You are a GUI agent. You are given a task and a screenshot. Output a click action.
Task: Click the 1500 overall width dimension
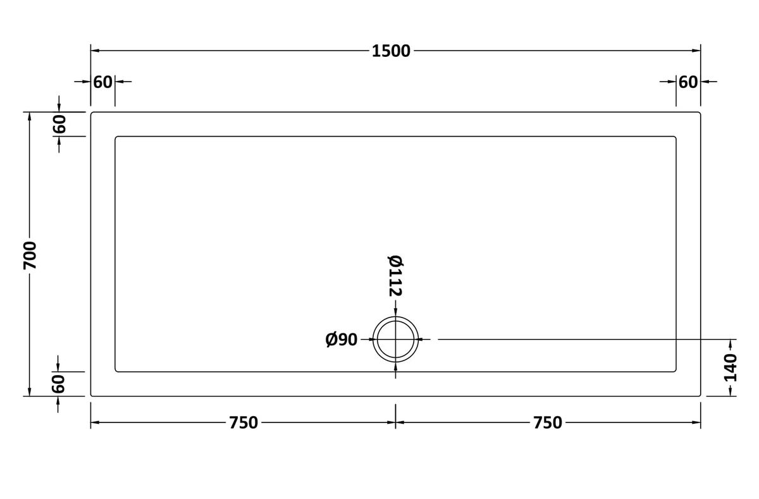pos(391,51)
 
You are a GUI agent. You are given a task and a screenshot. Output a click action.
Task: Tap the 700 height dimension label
pos(30,256)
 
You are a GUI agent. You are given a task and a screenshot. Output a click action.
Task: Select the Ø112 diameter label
pos(395,276)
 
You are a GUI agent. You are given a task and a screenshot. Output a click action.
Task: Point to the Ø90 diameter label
pos(341,340)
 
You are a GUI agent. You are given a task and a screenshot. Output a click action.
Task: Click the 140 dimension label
pos(730,367)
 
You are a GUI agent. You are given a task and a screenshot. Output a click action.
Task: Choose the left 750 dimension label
pos(244,422)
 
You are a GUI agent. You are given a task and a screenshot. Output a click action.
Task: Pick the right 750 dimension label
pos(548,422)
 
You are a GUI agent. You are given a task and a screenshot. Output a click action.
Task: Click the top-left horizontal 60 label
pos(102,82)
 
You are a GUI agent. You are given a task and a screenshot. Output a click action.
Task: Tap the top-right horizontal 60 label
pos(688,82)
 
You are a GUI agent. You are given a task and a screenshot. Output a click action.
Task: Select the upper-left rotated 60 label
pos(59,124)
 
